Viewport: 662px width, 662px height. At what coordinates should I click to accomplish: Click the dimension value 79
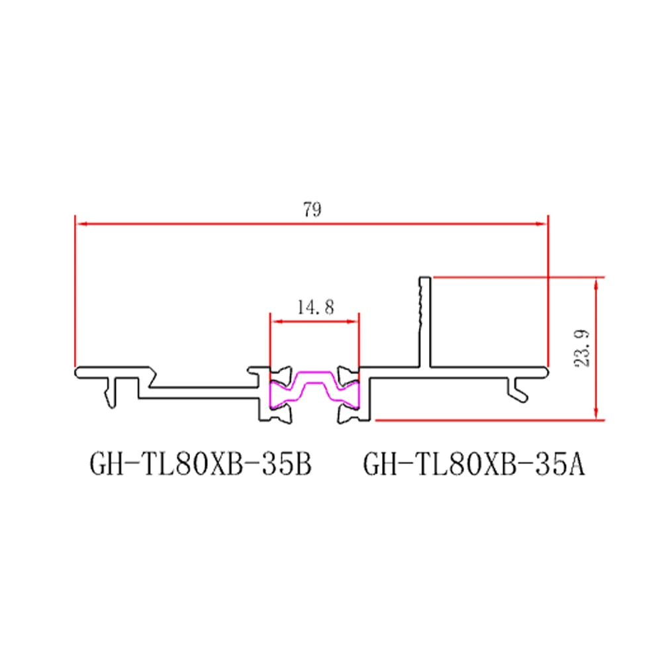312,211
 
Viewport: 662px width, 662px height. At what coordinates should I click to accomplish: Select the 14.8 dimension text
315,307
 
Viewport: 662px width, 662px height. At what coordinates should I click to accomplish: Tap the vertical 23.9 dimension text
582,348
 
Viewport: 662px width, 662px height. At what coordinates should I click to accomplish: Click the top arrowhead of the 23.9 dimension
597,282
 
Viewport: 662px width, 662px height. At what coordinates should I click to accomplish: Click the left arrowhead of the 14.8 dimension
275,321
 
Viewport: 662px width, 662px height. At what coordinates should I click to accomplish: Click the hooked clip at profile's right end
519,390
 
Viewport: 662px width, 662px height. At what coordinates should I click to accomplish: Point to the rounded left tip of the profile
77,371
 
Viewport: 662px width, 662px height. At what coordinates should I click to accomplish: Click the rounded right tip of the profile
547,371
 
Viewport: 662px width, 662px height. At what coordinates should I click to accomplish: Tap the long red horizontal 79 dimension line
199,224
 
